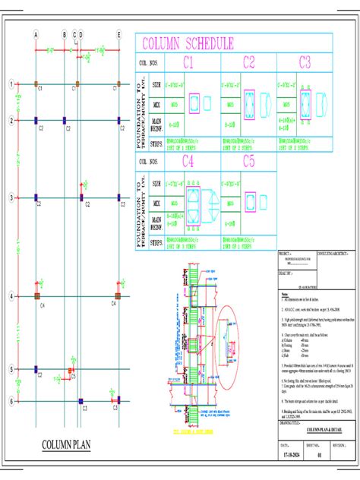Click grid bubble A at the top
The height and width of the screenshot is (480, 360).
pos(36,34)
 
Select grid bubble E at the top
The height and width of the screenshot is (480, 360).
pos(118,34)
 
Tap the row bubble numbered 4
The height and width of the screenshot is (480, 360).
pos(11,295)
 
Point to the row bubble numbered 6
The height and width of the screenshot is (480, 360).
pos(11,400)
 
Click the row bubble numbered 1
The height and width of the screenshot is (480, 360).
pos(11,84)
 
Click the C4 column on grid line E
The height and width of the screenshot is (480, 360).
pos(118,295)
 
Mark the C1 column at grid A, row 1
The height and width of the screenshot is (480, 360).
pos(36,84)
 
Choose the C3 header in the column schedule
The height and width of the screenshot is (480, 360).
pos(305,62)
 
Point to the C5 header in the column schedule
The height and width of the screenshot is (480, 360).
pos(248,161)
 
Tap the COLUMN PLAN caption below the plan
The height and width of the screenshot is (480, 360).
pos(67,444)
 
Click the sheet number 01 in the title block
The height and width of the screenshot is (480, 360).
pos(318,456)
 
